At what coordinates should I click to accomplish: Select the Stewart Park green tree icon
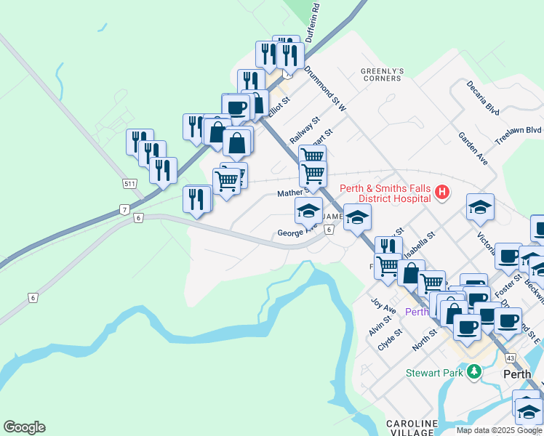[474, 373]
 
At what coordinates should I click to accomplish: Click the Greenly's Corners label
[382, 74]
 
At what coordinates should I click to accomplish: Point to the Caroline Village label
[412, 427]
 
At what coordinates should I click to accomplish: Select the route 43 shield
[511, 358]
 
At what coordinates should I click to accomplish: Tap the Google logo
[24, 427]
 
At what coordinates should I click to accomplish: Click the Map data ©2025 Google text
[498, 430]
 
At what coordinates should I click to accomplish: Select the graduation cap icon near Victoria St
[481, 207]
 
